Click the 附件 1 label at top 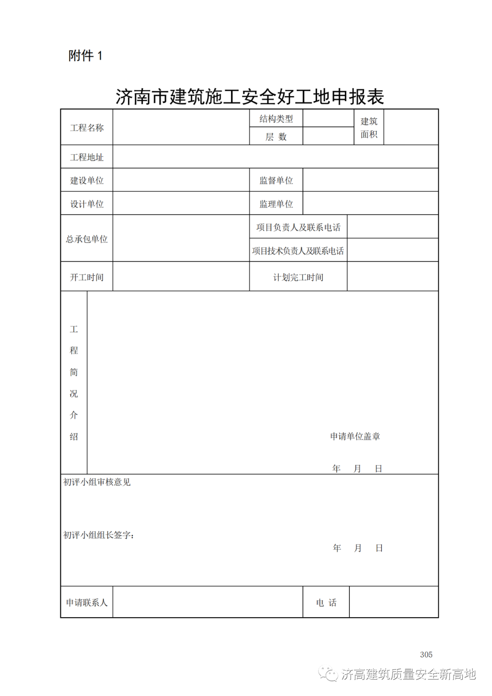click(x=85, y=56)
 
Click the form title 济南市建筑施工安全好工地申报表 click(x=250, y=97)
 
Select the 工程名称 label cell click(x=87, y=128)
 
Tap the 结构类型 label click(x=276, y=119)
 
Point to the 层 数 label click(x=276, y=137)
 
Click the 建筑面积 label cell click(x=369, y=128)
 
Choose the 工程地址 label click(x=87, y=157)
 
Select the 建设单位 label click(x=87, y=180)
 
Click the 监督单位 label click(x=276, y=180)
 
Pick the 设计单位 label click(x=87, y=204)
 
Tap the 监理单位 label click(x=276, y=204)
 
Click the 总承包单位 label click(x=87, y=239)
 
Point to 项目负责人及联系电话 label click(x=298, y=227)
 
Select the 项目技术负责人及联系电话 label click(x=298, y=251)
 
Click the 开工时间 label click(x=87, y=277)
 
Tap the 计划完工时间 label click(x=298, y=277)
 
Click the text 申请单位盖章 click(x=355, y=436)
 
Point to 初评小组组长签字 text click(x=98, y=535)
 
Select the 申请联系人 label click(x=87, y=603)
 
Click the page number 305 click(x=426, y=655)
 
